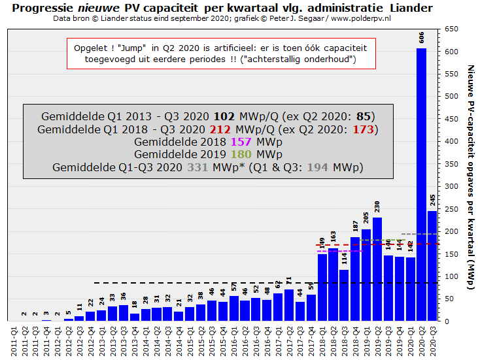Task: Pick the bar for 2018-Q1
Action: point(322,287)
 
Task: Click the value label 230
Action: point(377,206)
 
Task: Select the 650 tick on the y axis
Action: point(451,29)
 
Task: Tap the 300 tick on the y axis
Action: point(451,186)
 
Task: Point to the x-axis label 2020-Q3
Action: point(432,340)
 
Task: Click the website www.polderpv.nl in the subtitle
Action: point(361,18)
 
